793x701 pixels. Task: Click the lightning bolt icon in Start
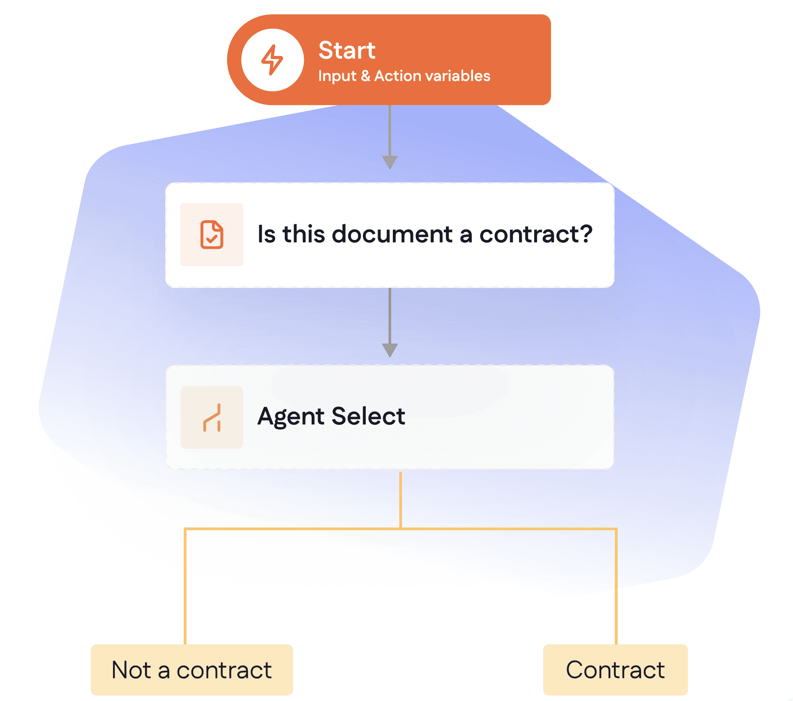272,60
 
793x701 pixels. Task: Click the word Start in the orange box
347,50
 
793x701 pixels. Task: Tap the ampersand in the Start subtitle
365,76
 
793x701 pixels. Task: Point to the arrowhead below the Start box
390,162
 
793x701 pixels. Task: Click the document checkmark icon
212,234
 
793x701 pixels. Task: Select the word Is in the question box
267,234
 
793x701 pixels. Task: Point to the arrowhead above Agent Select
390,350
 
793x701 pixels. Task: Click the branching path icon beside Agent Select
212,417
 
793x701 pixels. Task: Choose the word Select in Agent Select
369,416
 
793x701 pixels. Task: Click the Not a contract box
192,670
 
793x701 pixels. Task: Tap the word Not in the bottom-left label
131,670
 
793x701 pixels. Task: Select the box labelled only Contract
615,670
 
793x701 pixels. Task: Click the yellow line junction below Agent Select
401,529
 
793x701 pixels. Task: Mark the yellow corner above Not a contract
185,529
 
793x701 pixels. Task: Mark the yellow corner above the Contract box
616,529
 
